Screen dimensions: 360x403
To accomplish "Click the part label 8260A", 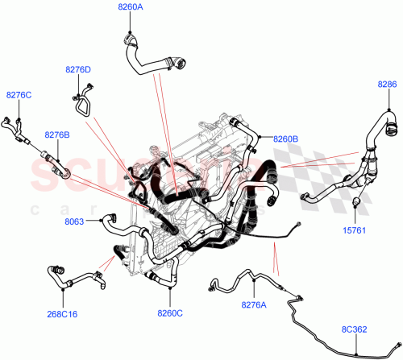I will pos(130,8).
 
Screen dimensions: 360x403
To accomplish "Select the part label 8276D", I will pos(78,70).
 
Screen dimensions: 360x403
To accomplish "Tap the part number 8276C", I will pos(19,95).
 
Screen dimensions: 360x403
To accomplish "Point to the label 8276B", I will pos(57,134).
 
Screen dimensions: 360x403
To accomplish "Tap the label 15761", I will pos(355,230).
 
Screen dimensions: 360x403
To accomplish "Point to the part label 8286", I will pos(388,83).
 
